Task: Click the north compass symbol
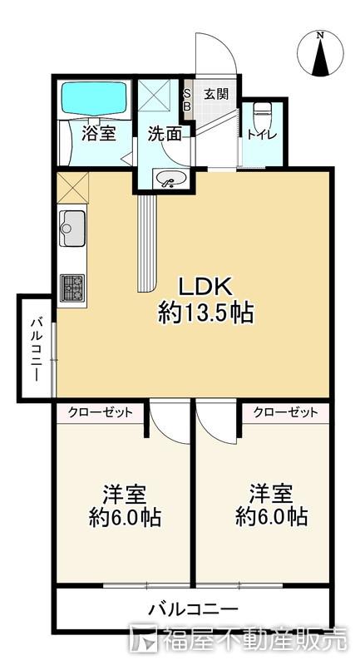coord(321,54)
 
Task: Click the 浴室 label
coord(99,133)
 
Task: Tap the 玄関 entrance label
coord(215,95)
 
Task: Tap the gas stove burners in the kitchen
coord(72,287)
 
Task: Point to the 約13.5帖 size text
coord(205,313)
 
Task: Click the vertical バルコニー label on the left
coord(37,347)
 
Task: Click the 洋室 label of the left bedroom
coord(125,494)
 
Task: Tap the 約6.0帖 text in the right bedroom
coord(271,517)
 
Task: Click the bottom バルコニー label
coord(193,609)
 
